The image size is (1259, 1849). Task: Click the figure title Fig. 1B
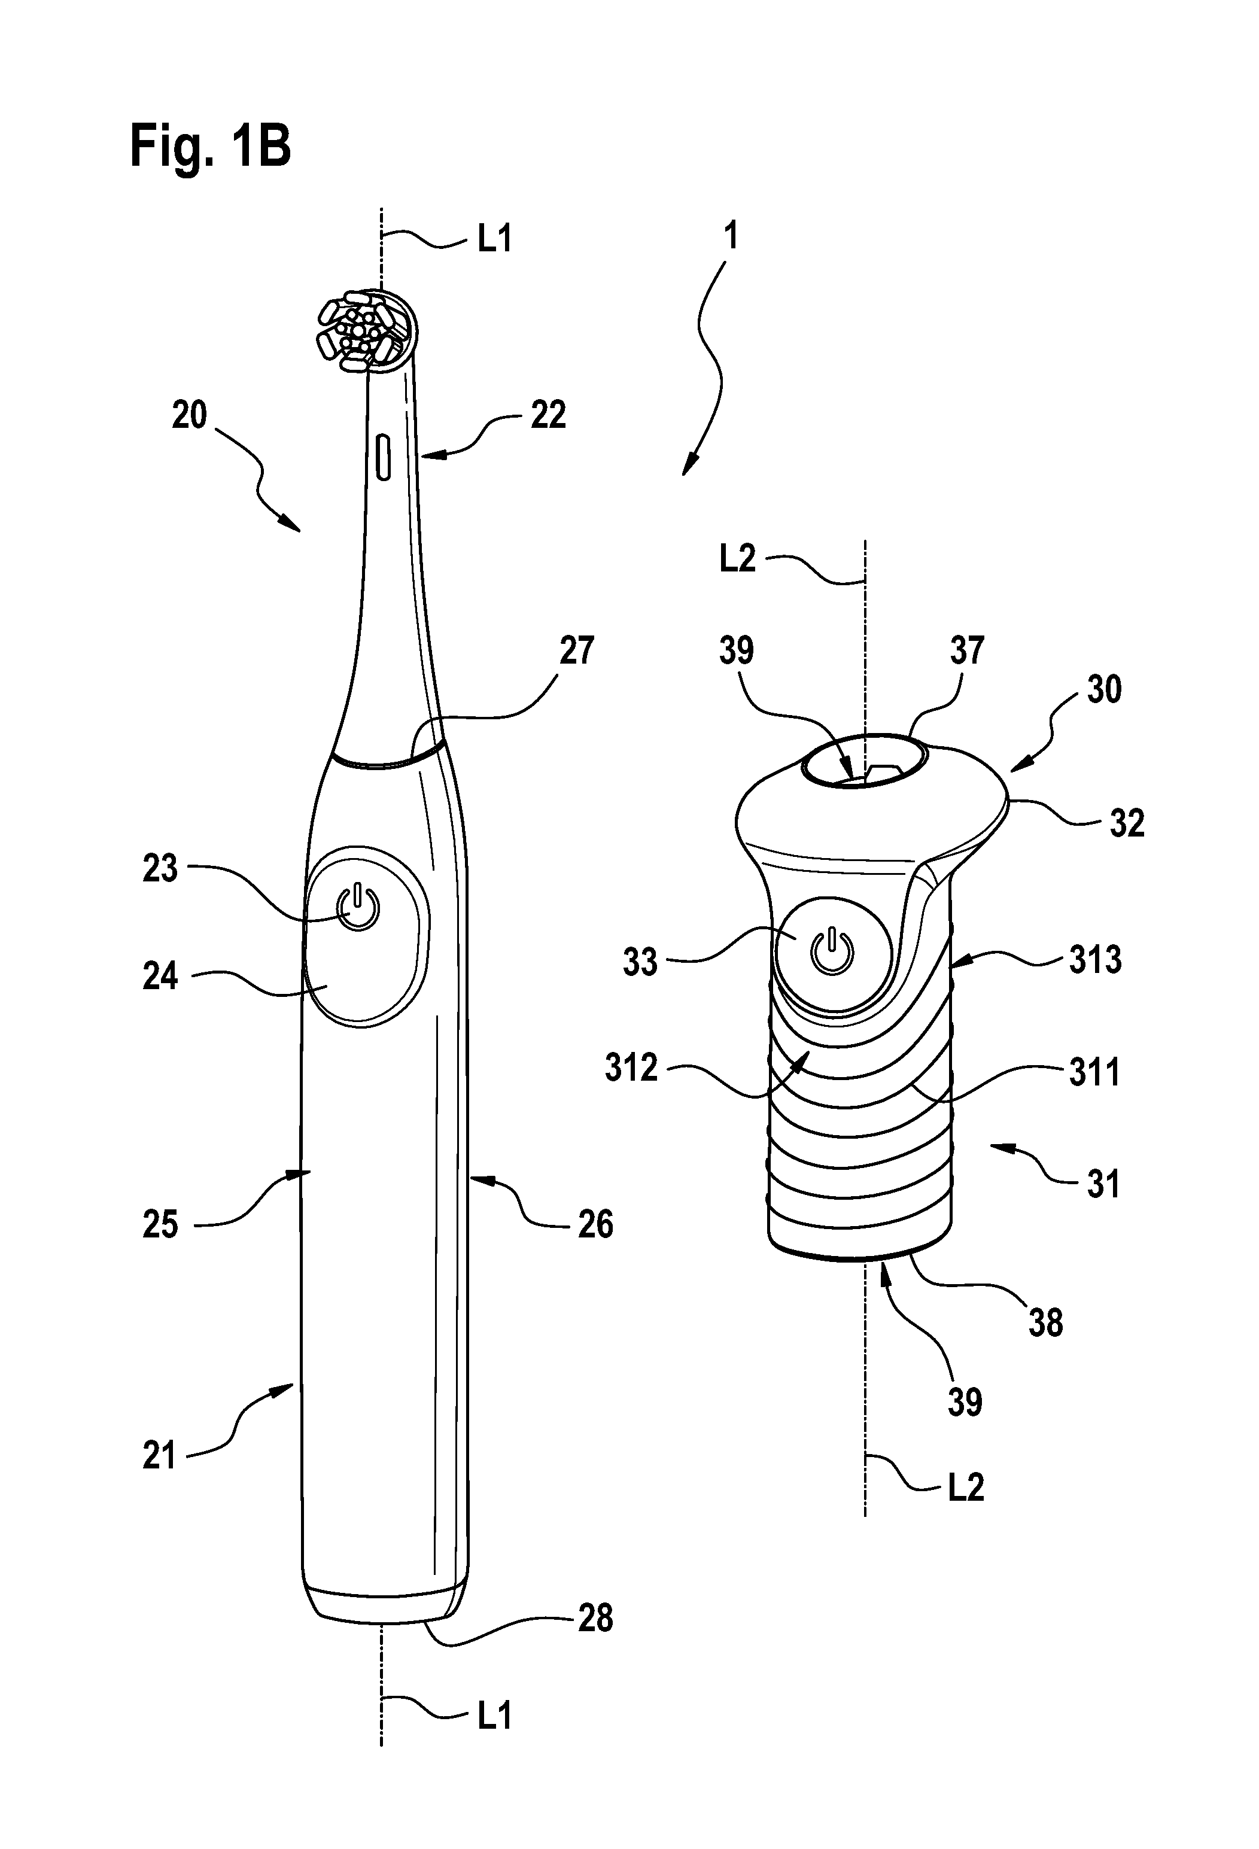(210, 147)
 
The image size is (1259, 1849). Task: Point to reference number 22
(548, 415)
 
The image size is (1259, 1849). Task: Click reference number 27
(577, 651)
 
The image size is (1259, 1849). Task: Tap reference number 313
(1095, 960)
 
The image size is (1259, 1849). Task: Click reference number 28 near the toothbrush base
(595, 1596)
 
